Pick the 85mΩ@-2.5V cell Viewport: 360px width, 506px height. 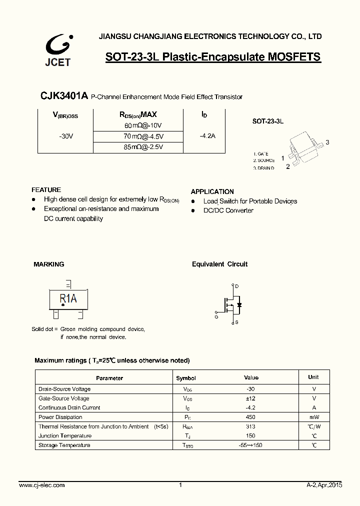[x=143, y=147]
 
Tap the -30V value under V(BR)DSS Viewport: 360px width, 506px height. [x=65, y=136]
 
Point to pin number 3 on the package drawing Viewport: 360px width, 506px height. [x=327, y=142]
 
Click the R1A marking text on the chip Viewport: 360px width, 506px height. [x=68, y=298]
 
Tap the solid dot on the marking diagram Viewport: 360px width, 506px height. [x=62, y=305]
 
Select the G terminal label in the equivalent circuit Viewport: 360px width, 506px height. [x=216, y=317]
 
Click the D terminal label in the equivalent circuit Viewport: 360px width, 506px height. [x=236, y=286]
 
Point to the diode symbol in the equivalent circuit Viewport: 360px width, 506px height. [x=239, y=304]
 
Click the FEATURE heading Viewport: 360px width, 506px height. [x=46, y=190]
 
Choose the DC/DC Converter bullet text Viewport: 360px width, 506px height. [x=228, y=210]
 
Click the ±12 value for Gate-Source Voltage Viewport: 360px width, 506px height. [x=251, y=398]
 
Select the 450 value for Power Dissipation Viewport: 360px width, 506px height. [x=251, y=417]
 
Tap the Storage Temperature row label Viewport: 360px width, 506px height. [x=64, y=445]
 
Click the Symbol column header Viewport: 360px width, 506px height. [x=186, y=378]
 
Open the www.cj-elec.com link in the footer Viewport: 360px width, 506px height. [x=41, y=485]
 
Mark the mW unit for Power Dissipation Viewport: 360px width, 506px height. [x=313, y=417]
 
